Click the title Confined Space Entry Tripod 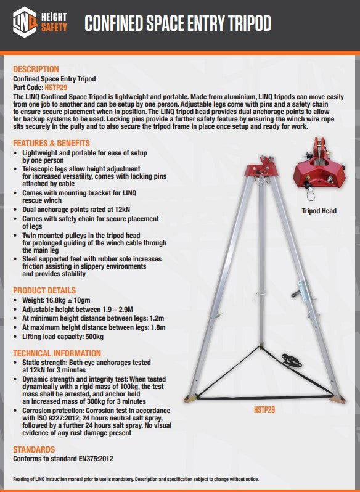(x=178, y=24)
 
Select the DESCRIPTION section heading (x=36, y=69)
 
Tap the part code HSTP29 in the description (x=57, y=88)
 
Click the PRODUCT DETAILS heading (x=44, y=290)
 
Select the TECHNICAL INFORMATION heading (x=57, y=353)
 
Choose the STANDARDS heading (x=34, y=450)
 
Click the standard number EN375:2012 (x=96, y=459)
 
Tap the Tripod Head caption (x=319, y=211)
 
